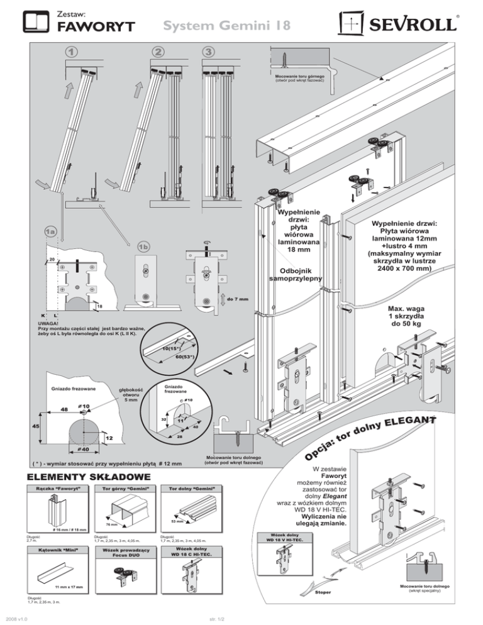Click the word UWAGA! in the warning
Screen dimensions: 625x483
49,323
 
